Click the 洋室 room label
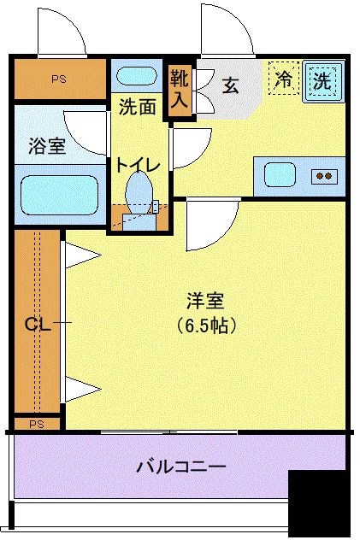pyautogui.click(x=205, y=301)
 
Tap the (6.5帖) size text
pyautogui.click(x=206, y=326)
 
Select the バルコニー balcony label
pyautogui.click(x=181, y=467)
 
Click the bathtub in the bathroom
pyautogui.click(x=58, y=195)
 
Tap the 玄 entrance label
pyautogui.click(x=231, y=85)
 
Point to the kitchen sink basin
pyautogui.click(x=280, y=174)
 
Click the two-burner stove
pyautogui.click(x=324, y=176)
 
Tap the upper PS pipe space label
pyautogui.click(x=58, y=79)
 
